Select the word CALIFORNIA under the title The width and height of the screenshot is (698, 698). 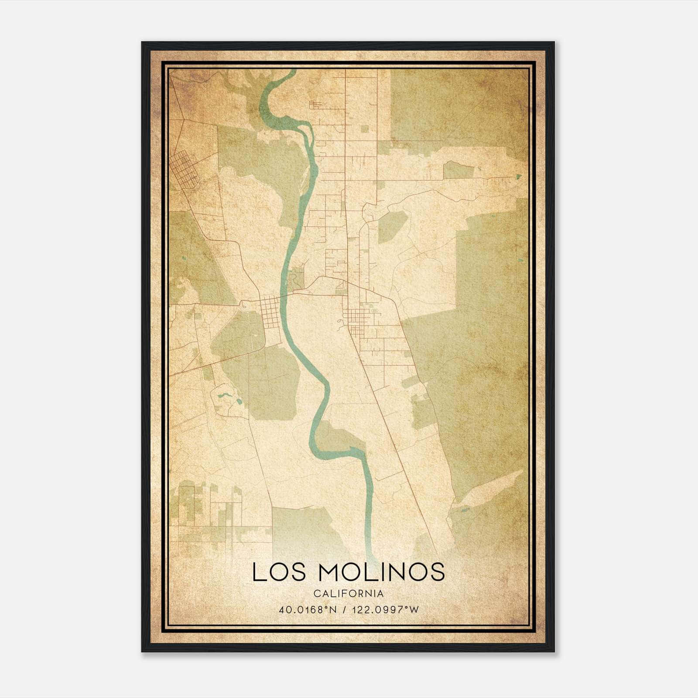[x=349, y=594]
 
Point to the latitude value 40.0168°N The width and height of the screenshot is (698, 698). [x=308, y=610]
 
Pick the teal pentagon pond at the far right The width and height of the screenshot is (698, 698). [x=518, y=177]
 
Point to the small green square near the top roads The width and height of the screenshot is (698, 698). [x=365, y=129]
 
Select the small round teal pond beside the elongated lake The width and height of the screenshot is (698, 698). [x=239, y=400]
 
